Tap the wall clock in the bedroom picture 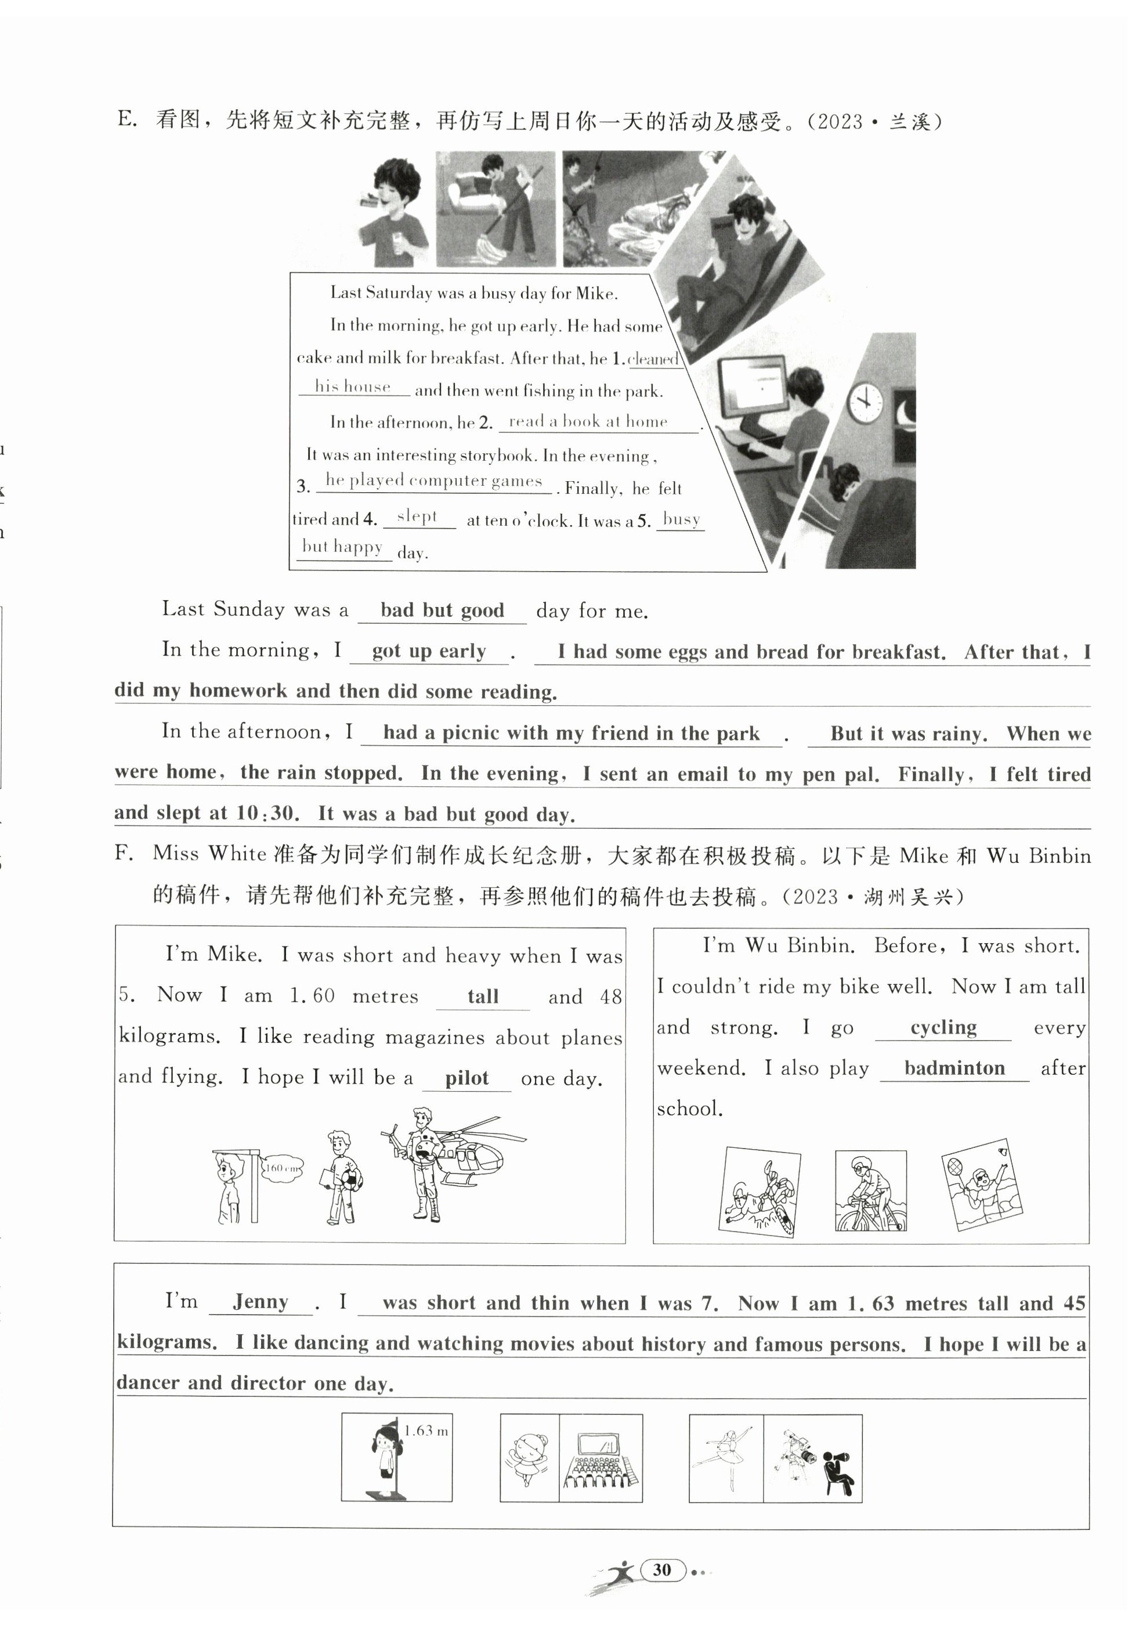pyautogui.click(x=865, y=402)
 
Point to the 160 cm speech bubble pyautogui.click(x=281, y=1168)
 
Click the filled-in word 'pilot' pyautogui.click(x=466, y=1078)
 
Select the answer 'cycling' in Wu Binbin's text pyautogui.click(x=943, y=1027)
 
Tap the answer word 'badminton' pyautogui.click(x=954, y=1068)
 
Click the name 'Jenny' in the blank pyautogui.click(x=261, y=1302)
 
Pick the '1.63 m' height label pyautogui.click(x=426, y=1431)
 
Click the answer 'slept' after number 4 pyautogui.click(x=418, y=516)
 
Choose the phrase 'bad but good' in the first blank pyautogui.click(x=442, y=610)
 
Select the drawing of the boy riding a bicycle pyautogui.click(x=870, y=1192)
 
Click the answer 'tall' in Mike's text pyautogui.click(x=483, y=996)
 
